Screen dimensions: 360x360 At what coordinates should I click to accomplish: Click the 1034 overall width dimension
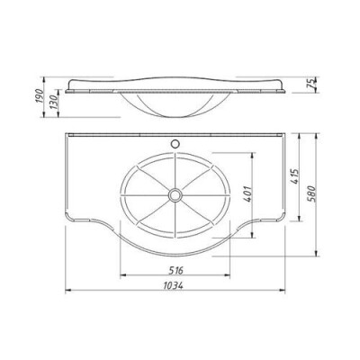(x=173, y=285)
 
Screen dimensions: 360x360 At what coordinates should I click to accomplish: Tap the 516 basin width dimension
(x=175, y=271)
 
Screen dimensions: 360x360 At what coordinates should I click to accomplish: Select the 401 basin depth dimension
(x=248, y=194)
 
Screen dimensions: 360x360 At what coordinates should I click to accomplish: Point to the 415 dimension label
(x=295, y=176)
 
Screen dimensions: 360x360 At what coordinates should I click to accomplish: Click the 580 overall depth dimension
(x=311, y=194)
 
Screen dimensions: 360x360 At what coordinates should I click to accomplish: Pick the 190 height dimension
(x=40, y=95)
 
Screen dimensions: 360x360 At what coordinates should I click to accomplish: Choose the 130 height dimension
(x=54, y=103)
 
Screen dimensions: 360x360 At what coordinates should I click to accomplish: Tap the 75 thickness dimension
(x=311, y=83)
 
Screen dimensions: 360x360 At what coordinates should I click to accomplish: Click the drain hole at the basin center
(x=175, y=195)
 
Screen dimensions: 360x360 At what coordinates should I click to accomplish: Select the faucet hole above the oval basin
(x=175, y=144)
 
